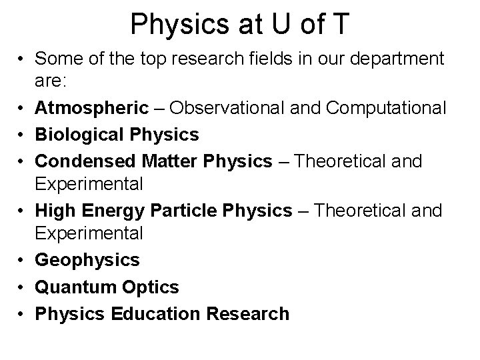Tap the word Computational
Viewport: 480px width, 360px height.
point(383,108)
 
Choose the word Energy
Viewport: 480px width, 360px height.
point(111,211)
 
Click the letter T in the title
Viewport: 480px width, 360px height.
point(339,24)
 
